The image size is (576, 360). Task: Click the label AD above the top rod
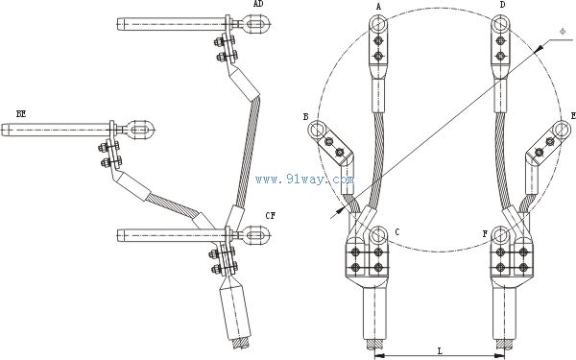258,4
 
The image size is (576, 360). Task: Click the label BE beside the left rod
21,114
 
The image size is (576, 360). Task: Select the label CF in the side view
271,216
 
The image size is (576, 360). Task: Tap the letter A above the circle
379,6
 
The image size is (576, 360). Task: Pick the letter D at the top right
502,5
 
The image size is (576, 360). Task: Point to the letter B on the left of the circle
305,117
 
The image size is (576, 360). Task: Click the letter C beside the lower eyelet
397,232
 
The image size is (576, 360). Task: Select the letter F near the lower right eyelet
485,234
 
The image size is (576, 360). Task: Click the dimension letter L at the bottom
440,350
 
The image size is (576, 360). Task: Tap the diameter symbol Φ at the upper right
563,32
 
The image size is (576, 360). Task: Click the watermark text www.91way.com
305,180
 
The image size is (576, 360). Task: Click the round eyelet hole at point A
378,25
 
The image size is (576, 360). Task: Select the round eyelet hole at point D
500,25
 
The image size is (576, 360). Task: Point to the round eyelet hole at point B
316,130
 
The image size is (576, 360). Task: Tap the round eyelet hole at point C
378,235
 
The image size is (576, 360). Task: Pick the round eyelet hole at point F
501,235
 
